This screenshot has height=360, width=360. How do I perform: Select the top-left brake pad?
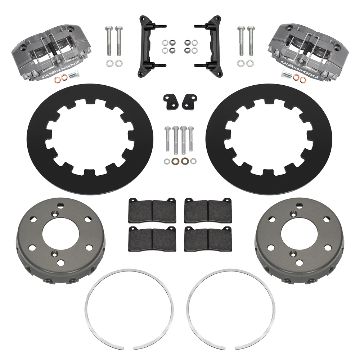pos(152,210)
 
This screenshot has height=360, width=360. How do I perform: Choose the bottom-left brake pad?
pos(152,239)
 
